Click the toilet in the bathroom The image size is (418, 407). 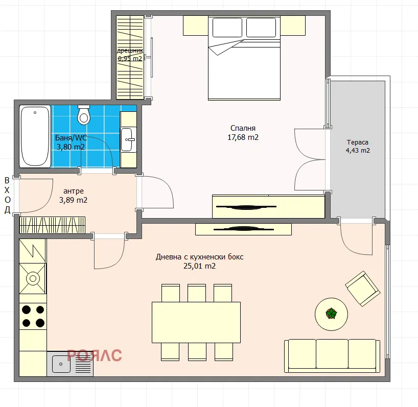click(x=84, y=114)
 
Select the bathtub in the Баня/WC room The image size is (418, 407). click(x=35, y=136)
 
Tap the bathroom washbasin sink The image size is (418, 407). click(x=128, y=139)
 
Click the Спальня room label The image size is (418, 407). click(x=243, y=128)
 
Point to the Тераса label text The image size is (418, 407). click(x=358, y=142)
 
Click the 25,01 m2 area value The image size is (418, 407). click(x=199, y=266)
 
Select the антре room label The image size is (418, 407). click(x=74, y=191)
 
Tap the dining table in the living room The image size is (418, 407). click(x=196, y=322)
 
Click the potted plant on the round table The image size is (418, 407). click(x=331, y=314)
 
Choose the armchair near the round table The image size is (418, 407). click(x=362, y=289)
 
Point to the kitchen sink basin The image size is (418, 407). click(x=61, y=364)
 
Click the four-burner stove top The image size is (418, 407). click(x=33, y=316)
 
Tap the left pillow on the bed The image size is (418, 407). click(x=227, y=28)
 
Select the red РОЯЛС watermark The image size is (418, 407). click(x=95, y=355)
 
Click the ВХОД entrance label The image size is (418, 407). click(x=7, y=195)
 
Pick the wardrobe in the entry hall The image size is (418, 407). click(x=53, y=225)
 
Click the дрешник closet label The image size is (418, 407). click(x=130, y=51)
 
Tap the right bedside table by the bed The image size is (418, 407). click(x=293, y=26)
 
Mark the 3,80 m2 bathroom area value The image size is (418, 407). click(x=71, y=147)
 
